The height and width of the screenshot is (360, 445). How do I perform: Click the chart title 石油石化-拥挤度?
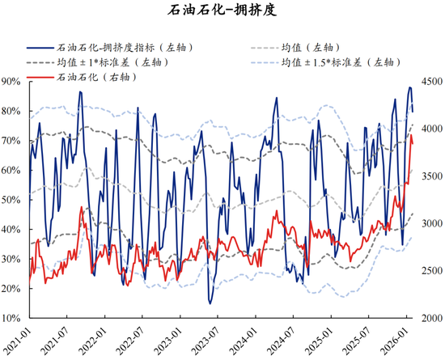tap(222, 11)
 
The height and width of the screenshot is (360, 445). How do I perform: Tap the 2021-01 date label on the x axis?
tap(18, 341)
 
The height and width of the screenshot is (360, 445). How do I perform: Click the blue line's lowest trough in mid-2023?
tap(210, 303)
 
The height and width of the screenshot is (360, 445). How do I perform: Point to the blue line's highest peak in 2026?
tap(409, 87)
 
